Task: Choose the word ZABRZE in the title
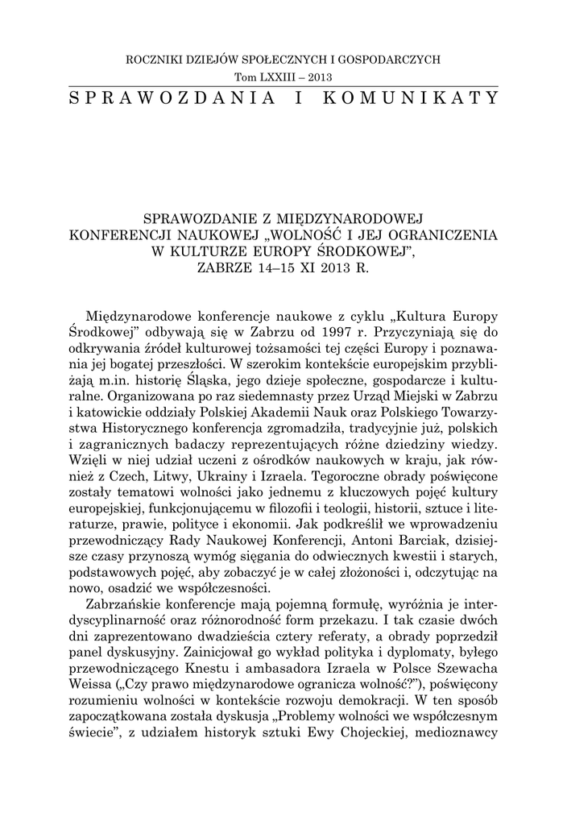click(228, 267)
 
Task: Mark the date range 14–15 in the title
click(285, 267)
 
